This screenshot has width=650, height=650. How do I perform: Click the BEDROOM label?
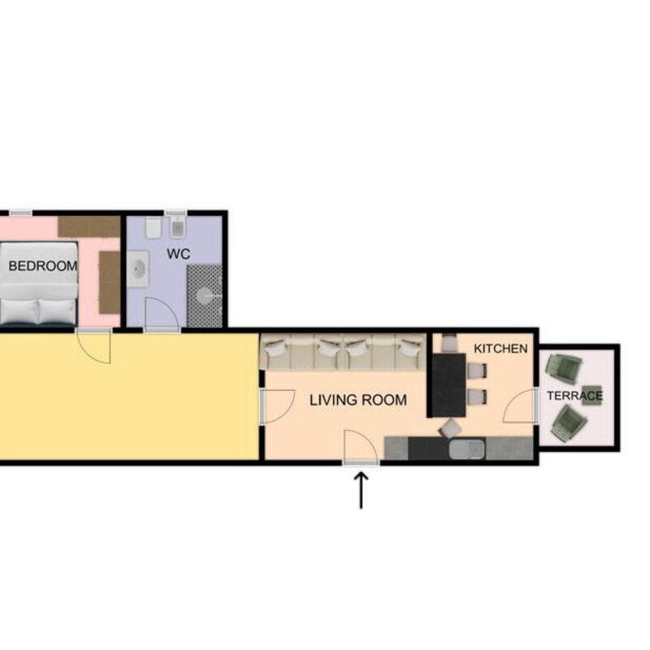pos(43,266)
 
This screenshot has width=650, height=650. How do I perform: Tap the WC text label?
pos(178,254)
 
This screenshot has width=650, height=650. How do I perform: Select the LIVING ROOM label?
pos(357,400)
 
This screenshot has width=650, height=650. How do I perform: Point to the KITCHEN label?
pos(500,349)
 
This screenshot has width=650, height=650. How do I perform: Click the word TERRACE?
pos(575,396)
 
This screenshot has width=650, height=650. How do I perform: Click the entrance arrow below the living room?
pos(361,490)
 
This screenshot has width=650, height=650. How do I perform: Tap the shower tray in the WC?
pos(205,296)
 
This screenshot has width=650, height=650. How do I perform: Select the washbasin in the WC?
pos(138,269)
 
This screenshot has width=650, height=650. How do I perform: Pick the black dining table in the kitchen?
pos(448,384)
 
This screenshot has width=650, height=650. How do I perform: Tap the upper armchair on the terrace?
pos(562,370)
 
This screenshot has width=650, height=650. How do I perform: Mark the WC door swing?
pos(160,314)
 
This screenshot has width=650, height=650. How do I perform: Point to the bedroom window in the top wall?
pos(20,214)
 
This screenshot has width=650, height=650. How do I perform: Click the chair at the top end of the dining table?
pos(448,343)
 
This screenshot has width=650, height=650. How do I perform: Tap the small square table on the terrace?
pos(592,395)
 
